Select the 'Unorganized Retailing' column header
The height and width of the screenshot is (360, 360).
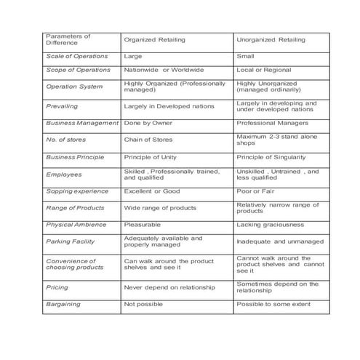pyautogui.click(x=271, y=39)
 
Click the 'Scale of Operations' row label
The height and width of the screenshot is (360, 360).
pyautogui.click(x=76, y=56)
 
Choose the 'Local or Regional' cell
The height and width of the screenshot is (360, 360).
pyautogui.click(x=263, y=70)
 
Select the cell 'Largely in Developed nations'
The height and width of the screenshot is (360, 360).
pyautogui.click(x=169, y=106)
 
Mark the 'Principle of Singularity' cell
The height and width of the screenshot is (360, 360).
pyautogui.click(x=271, y=157)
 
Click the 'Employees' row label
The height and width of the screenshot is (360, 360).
pyautogui.click(x=64, y=175)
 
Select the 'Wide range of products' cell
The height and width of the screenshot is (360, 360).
pyautogui.click(x=161, y=208)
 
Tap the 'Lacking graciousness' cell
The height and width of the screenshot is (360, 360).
pyautogui.click(x=268, y=225)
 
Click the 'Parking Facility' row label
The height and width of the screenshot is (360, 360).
pyautogui.click(x=71, y=241)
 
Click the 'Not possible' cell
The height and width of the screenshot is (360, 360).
pyautogui.click(x=143, y=304)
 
